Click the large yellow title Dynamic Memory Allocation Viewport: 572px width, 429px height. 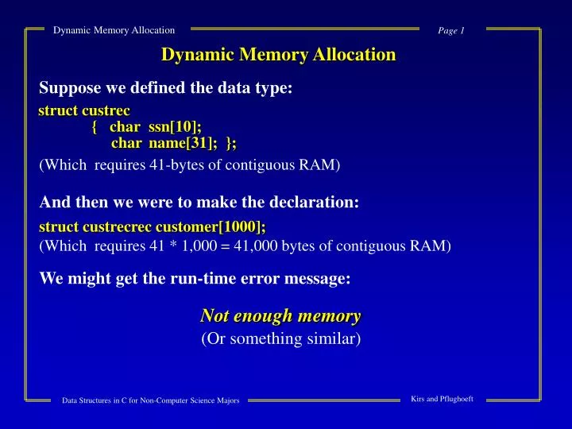pyautogui.click(x=278, y=55)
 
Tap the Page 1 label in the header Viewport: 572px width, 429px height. pyautogui.click(x=450, y=30)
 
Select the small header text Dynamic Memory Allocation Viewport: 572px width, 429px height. pyautogui.click(x=114, y=30)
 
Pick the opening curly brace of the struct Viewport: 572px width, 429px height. pyautogui.click(x=95, y=126)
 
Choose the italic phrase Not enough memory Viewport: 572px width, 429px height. pyautogui.click(x=280, y=315)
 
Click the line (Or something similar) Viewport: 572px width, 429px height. pyautogui.click(x=280, y=339)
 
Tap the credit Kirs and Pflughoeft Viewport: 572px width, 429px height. pyautogui.click(x=442, y=399)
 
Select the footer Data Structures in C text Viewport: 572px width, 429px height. pyautogui.click(x=151, y=400)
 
